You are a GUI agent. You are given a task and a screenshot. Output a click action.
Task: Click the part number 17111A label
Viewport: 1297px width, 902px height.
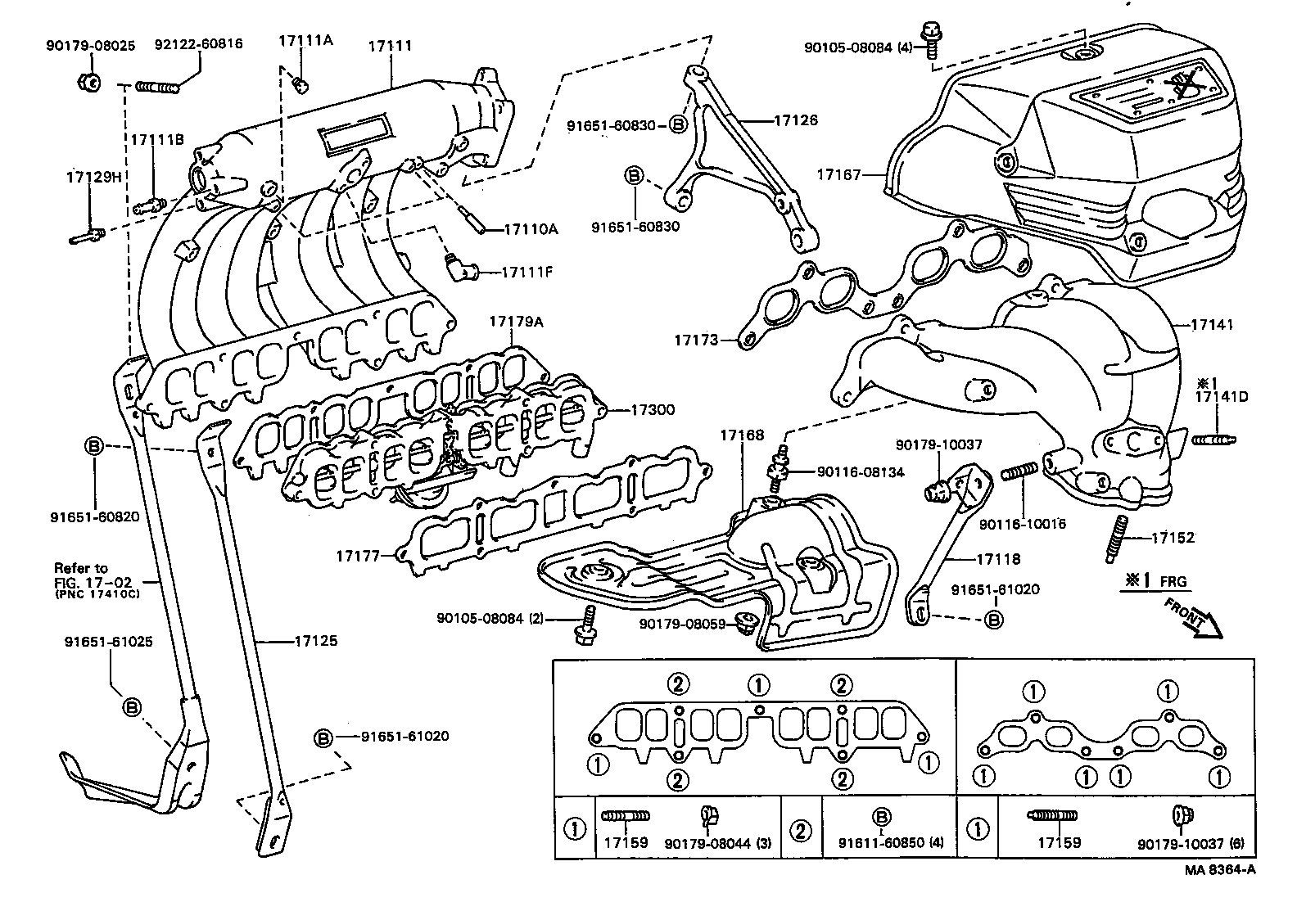[x=305, y=41]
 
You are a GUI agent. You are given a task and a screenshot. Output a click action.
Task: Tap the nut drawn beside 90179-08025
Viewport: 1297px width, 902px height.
[x=90, y=81]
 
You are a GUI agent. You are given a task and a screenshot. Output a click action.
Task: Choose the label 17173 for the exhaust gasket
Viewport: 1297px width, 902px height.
[x=695, y=339]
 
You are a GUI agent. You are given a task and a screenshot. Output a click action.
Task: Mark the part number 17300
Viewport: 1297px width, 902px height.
[x=652, y=409]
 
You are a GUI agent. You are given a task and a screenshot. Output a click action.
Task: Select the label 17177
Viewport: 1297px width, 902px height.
[x=358, y=556]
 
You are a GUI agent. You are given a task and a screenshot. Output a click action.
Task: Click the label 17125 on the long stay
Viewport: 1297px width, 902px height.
[x=315, y=641]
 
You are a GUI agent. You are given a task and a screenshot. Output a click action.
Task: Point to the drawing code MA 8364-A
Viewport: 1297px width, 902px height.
[x=1219, y=871]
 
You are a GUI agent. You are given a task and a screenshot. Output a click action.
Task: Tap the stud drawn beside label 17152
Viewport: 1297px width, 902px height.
[x=1118, y=538]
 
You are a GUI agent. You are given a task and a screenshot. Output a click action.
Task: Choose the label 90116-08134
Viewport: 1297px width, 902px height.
[x=860, y=472]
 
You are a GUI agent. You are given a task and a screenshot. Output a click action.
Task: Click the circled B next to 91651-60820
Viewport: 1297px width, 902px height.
[x=94, y=446]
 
